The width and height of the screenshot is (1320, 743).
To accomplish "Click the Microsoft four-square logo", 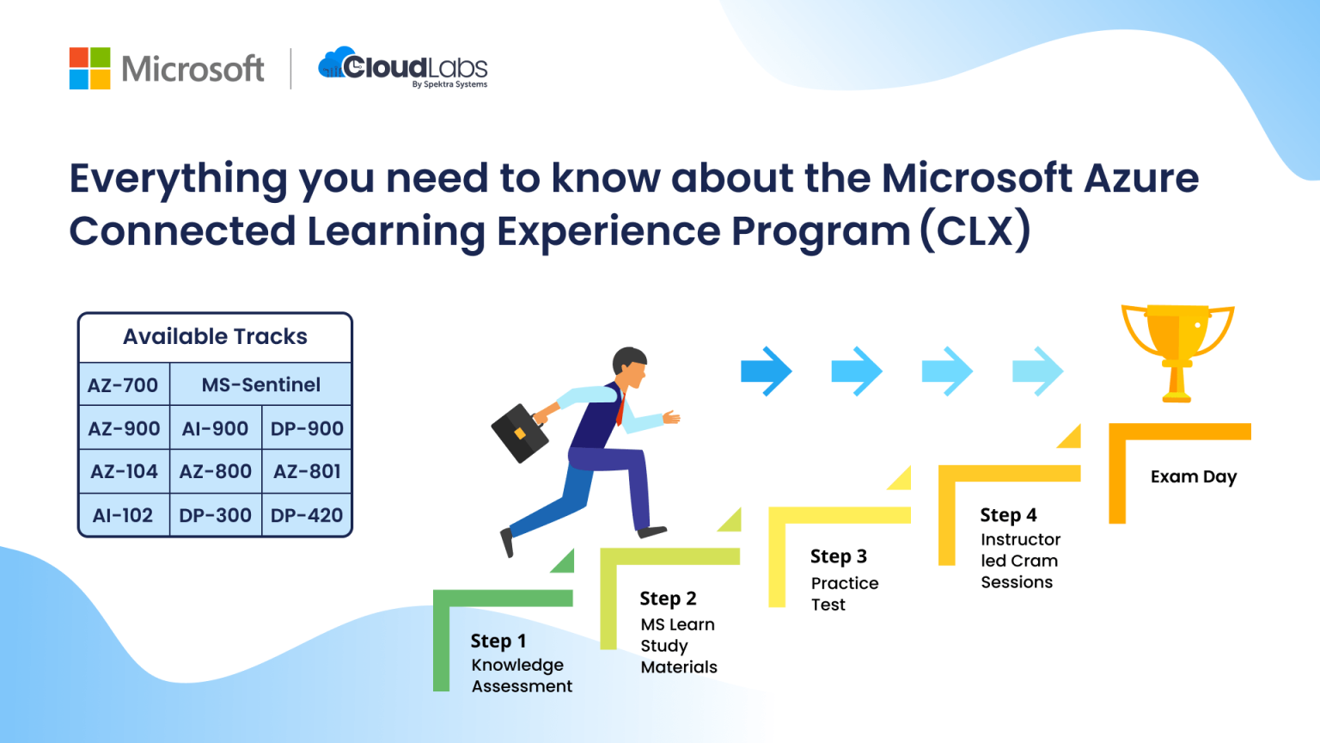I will click(89, 68).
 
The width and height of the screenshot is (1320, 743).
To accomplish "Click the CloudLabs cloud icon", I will click(336, 64).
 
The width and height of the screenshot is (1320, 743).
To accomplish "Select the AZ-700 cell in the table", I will click(123, 385).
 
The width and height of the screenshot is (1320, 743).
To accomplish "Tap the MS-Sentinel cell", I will click(260, 385).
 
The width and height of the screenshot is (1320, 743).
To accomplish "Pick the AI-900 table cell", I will click(215, 428).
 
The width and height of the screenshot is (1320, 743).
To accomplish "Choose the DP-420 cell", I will click(306, 515).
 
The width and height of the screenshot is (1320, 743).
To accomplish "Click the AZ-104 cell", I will click(124, 471).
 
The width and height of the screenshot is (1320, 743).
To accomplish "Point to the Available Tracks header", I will click(215, 336).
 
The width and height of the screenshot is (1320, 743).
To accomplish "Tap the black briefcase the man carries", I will click(520, 433).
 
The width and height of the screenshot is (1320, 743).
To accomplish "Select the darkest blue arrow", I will click(766, 371).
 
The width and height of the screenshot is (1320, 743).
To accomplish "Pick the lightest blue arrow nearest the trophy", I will click(1038, 371).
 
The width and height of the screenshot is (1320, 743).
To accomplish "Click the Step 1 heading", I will click(498, 641).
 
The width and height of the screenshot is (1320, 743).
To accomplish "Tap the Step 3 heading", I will click(838, 556).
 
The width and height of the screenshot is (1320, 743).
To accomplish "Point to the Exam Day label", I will click(1193, 476).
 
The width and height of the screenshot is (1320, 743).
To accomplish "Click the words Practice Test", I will click(843, 593).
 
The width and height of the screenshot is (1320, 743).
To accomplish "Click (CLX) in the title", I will click(975, 230).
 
